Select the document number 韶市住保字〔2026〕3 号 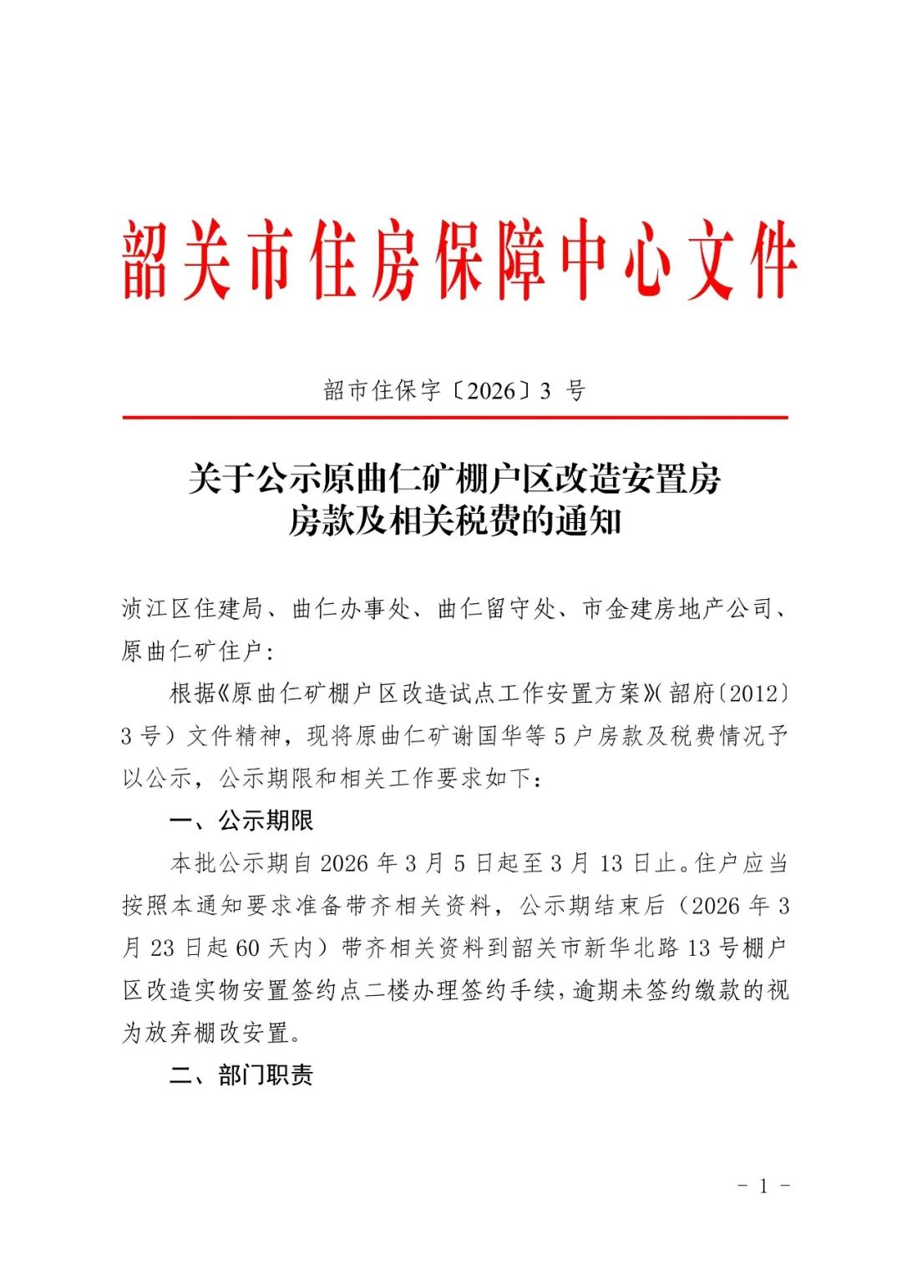pos(454,390)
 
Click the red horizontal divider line pos(454,417)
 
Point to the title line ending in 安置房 pos(454,480)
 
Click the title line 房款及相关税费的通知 pos(454,522)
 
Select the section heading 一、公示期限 pos(241,821)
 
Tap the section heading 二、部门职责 pos(241,1075)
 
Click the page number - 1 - pos(763,1186)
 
